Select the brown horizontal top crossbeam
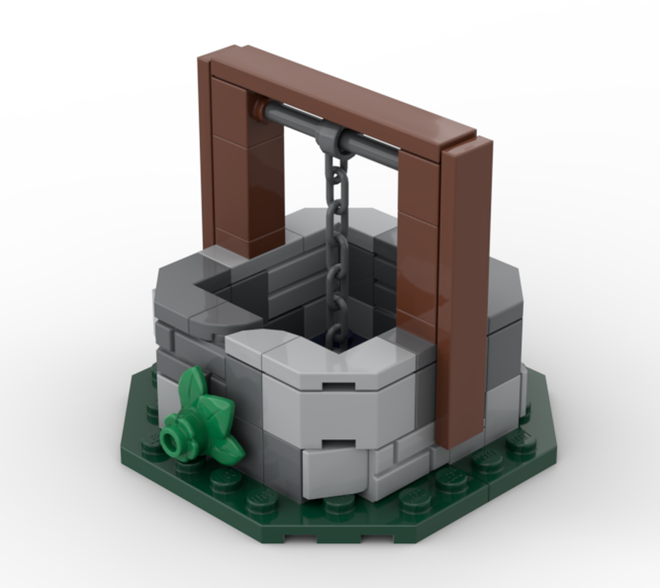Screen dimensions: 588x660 pos(345,96)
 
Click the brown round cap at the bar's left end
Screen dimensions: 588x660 pos(257,110)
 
